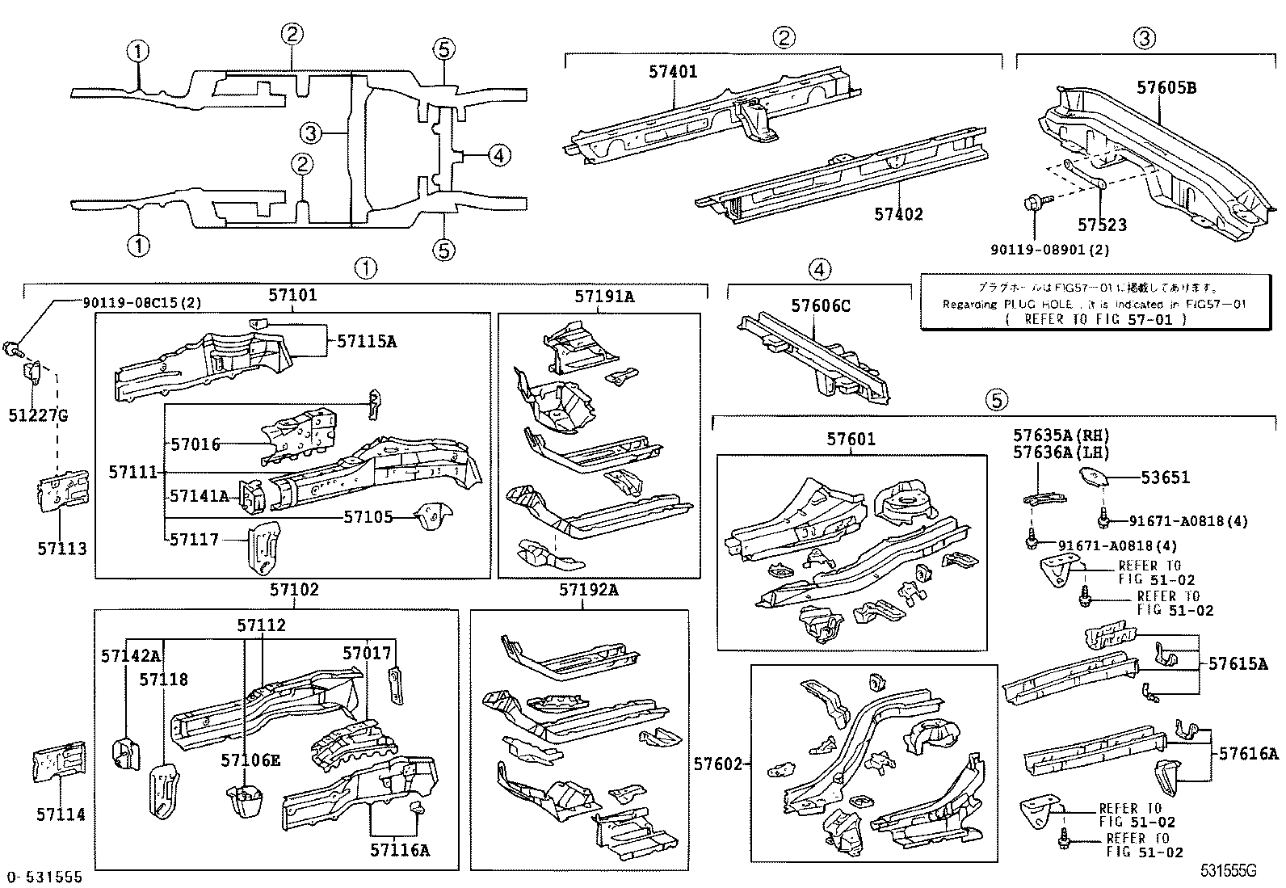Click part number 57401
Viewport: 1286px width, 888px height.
pyautogui.click(x=672, y=71)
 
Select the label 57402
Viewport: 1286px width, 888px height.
pyautogui.click(x=898, y=214)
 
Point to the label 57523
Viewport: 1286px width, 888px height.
pyautogui.click(x=1102, y=225)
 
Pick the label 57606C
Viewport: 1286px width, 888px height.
pyautogui.click(x=820, y=305)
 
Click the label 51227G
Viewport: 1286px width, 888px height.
pyautogui.click(x=38, y=415)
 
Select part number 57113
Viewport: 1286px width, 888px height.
pyautogui.click(x=61, y=549)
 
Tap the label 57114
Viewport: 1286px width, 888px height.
pyautogui.click(x=60, y=814)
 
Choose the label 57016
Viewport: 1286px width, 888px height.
pyautogui.click(x=195, y=444)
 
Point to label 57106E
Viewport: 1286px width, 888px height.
pyautogui.click(x=250, y=760)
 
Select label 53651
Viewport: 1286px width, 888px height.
pyautogui.click(x=1165, y=478)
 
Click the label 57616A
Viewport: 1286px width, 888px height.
pyautogui.click(x=1248, y=754)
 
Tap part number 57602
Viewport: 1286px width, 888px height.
pyautogui.click(x=717, y=764)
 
